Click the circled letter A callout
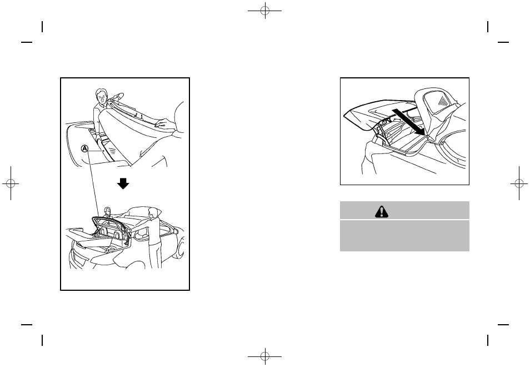84,148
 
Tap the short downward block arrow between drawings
123,183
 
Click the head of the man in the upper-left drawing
101,96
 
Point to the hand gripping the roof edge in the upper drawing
164,122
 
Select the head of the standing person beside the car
152,213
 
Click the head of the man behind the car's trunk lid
108,211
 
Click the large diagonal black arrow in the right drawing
409,122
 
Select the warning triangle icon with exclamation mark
382,211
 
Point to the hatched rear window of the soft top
439,101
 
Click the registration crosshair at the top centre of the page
265,11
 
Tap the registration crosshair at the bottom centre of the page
265,356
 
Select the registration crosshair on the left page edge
11,183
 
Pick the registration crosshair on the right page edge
519,183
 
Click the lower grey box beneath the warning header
404,236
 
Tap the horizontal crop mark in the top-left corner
27,42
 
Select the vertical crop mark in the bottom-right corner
488,340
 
